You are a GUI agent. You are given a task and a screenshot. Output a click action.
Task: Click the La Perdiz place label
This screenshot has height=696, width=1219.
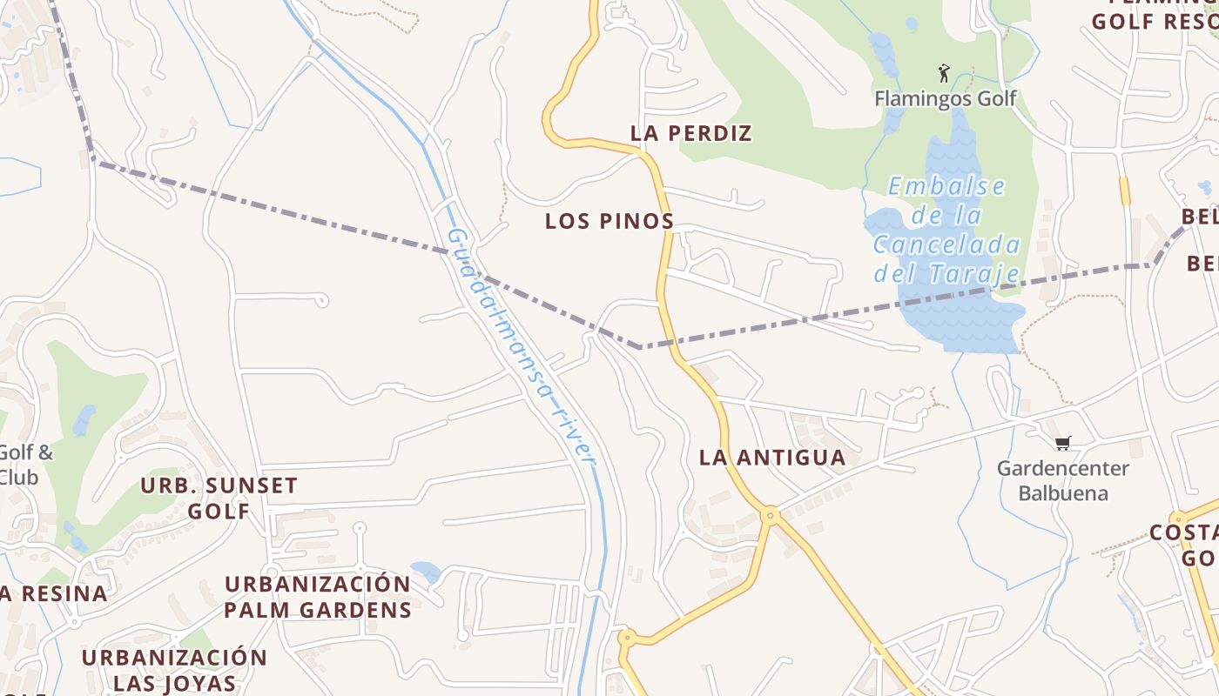coord(690,133)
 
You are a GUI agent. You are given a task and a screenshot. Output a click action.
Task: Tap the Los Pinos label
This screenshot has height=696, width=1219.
coord(609,221)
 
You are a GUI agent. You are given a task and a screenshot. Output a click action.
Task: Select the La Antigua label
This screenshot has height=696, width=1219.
coord(772,458)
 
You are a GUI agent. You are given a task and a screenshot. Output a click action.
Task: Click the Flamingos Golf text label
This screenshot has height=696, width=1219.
coord(946,98)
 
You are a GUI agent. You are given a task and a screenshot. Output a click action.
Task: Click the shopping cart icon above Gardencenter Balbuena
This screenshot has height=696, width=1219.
coord(1062,444)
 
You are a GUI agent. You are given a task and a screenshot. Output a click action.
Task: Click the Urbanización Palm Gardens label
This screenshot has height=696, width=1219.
coord(318,597)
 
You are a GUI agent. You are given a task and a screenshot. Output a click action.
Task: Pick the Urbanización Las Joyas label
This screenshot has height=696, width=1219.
coord(174,670)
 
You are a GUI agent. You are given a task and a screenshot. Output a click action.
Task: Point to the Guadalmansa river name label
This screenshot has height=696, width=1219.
coord(521,345)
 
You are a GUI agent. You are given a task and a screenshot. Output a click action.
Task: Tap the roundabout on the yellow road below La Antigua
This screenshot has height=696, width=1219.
coord(770,516)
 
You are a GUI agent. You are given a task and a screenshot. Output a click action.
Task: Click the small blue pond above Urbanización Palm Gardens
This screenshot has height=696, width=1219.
coord(426,572)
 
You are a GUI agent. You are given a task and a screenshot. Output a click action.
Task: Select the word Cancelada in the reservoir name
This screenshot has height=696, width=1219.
coord(946,244)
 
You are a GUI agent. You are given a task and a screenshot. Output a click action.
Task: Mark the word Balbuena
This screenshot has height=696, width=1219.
coord(1063,494)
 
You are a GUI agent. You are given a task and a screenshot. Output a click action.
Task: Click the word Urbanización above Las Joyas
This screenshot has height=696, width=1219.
coord(174,657)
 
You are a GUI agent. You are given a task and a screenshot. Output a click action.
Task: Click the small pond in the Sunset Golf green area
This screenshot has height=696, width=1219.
coord(84,420)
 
